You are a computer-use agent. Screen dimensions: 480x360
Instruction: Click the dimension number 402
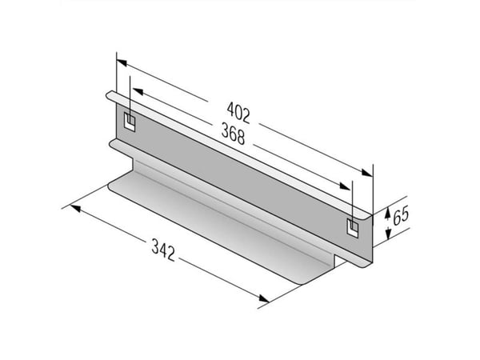pyautogui.click(x=238, y=112)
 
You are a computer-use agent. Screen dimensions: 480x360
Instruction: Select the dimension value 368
pyautogui.click(x=234, y=134)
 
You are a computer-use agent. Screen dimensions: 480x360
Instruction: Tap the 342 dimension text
pyautogui.click(x=163, y=250)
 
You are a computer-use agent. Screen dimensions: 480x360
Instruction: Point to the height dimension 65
pyautogui.click(x=401, y=215)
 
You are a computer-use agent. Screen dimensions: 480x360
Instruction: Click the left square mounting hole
pyautogui.click(x=130, y=122)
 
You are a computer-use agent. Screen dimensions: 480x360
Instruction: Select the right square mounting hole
pyautogui.click(x=353, y=227)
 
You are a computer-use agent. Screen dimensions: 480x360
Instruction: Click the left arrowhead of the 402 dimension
pyautogui.click(x=122, y=62)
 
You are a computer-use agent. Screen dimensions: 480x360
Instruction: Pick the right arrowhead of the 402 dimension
pyautogui.click(x=367, y=173)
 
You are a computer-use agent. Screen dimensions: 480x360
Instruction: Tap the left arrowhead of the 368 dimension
pyautogui.click(x=138, y=91)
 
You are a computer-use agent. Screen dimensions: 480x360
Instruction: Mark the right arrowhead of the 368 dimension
pyautogui.click(x=345, y=186)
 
